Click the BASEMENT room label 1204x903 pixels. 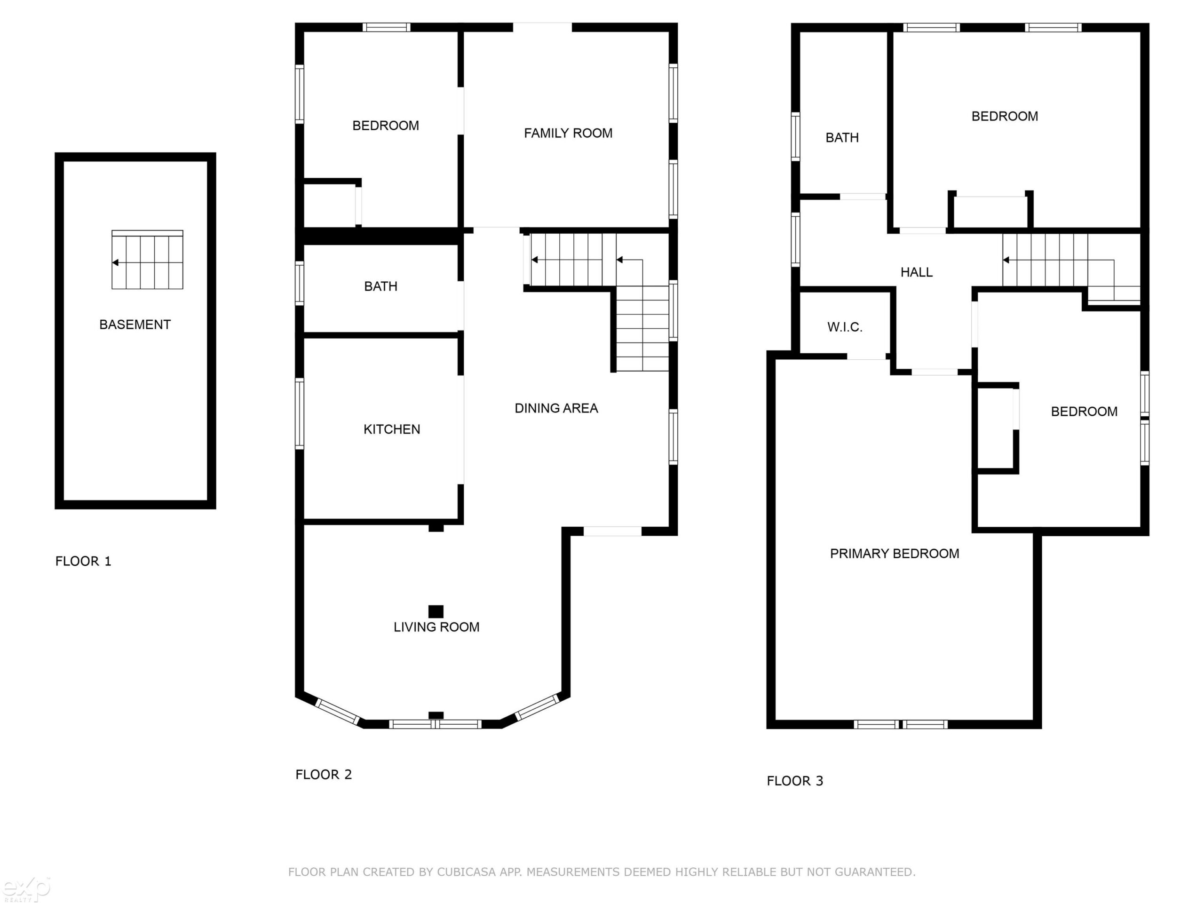coord(135,325)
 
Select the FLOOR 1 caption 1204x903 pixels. coord(83,561)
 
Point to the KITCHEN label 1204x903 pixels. coord(392,429)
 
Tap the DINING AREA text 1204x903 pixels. coord(556,408)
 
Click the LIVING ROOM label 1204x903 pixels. coord(436,627)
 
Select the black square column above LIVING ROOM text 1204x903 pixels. coord(436,611)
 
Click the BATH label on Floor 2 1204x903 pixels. coord(380,286)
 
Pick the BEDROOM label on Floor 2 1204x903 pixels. coord(386,126)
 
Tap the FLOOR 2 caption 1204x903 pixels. coord(324,775)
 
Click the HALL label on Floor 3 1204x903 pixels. coord(917,272)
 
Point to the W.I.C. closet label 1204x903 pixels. coord(845,327)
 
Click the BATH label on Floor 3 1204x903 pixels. coord(842,138)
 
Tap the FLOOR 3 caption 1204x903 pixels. coord(795,781)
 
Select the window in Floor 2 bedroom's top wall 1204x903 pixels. coord(387,27)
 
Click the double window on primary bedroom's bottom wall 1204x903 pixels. coord(901,724)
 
